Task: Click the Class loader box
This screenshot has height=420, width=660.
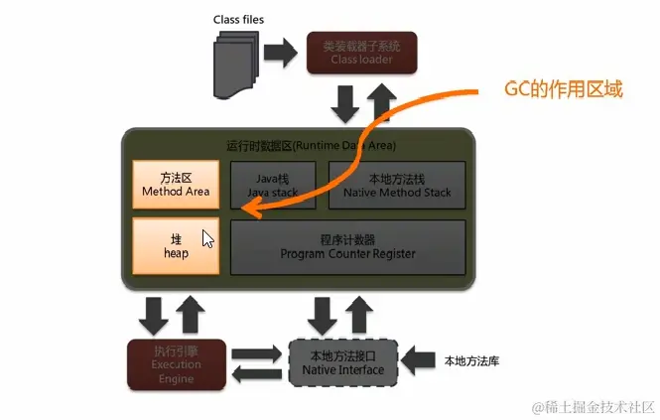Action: (x=363, y=53)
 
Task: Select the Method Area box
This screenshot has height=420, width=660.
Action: (x=176, y=184)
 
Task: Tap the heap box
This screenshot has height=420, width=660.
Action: (x=176, y=247)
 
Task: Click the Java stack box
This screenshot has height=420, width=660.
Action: (x=273, y=184)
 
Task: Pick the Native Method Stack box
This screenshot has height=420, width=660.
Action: (x=397, y=184)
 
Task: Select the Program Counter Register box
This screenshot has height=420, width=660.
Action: (x=347, y=247)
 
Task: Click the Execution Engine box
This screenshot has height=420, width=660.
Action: (x=177, y=364)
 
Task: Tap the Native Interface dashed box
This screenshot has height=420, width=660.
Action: (x=342, y=364)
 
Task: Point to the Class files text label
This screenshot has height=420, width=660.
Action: (x=238, y=19)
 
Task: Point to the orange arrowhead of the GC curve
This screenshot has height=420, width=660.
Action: (x=252, y=208)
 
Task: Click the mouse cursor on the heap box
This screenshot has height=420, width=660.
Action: (x=207, y=239)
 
